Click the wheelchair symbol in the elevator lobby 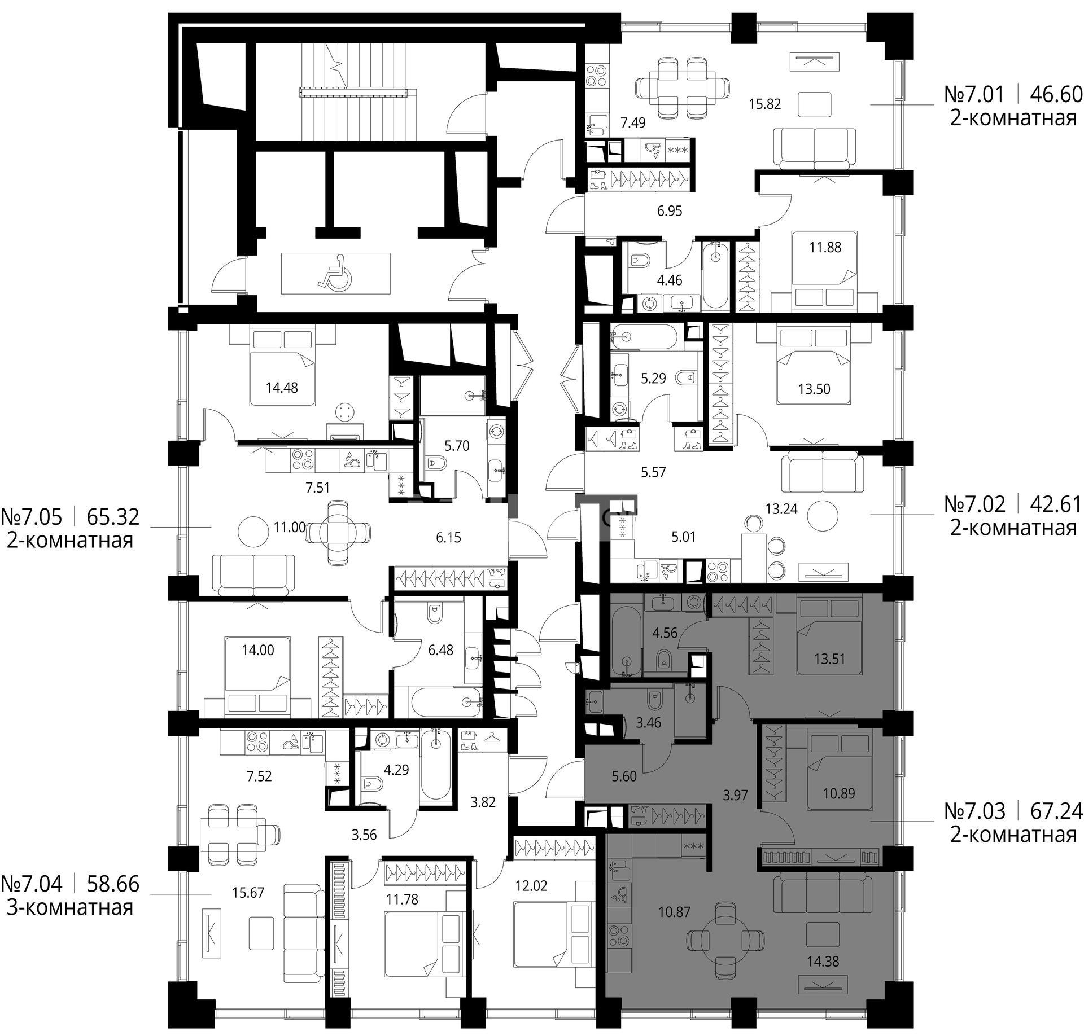pos(335,273)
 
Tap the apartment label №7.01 pos(974,94)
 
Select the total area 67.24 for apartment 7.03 pos(1056,811)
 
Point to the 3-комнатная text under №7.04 pos(70,908)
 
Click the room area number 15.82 pos(765,104)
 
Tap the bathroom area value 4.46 pos(670,280)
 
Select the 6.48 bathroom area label pos(441,651)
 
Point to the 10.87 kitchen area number pos(674,911)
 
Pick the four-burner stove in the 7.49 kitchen pos(596,77)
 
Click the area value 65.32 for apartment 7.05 pos(113,516)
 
